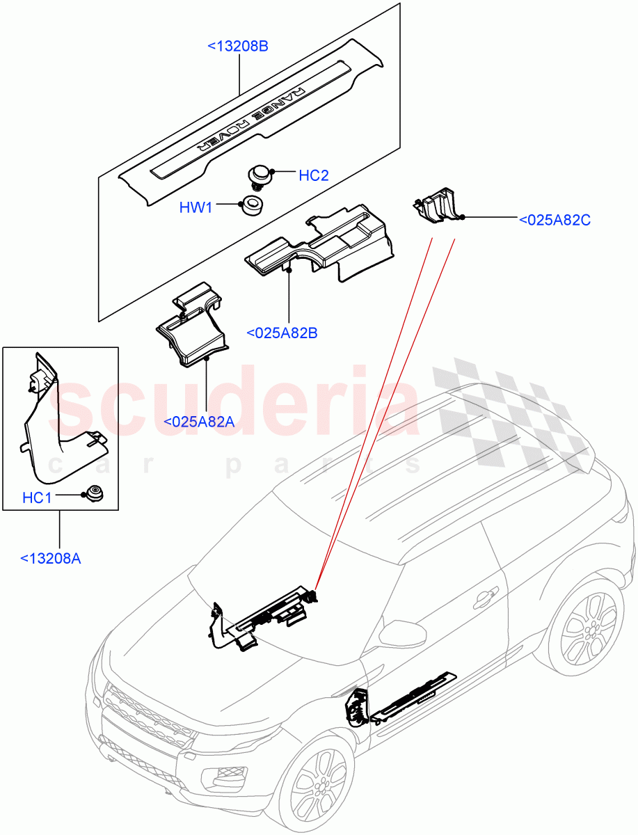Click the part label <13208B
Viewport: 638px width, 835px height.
click(238, 47)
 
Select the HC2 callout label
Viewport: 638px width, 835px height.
click(313, 175)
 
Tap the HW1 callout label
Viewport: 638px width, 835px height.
click(197, 207)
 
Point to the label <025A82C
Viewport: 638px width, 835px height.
click(555, 220)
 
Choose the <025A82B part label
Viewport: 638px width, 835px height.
click(282, 333)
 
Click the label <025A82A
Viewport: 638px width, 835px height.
click(198, 421)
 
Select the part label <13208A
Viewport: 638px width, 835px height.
click(51, 557)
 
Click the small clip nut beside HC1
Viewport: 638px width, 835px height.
click(93, 495)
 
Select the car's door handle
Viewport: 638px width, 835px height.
click(485, 596)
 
